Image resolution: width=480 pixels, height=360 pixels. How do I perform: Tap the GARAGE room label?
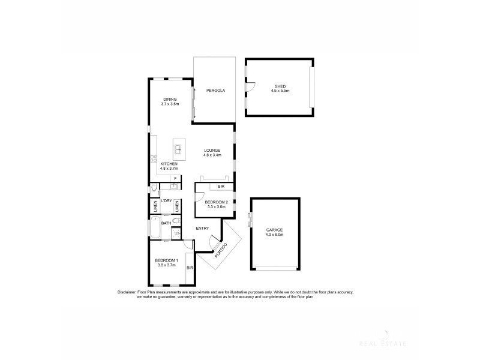point(275,230)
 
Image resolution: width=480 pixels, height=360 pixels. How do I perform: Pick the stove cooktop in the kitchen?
point(154,160)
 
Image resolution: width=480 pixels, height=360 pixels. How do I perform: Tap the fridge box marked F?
point(176,179)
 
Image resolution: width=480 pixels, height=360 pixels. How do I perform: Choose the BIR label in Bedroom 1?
point(190,268)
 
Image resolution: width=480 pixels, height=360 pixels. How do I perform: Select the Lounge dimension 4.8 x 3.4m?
point(212,155)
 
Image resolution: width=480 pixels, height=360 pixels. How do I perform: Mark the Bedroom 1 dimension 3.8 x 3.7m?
point(166,265)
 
